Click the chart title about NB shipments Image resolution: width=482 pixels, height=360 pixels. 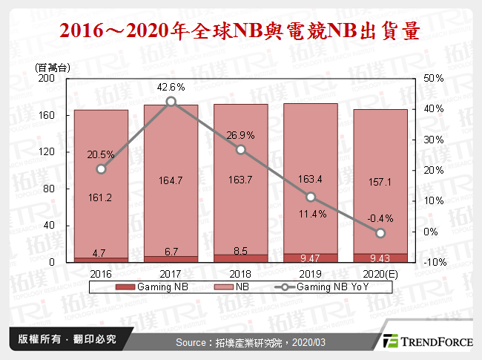pyautogui.click(x=240, y=31)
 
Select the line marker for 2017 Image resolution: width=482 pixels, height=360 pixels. pyautogui.click(x=171, y=102)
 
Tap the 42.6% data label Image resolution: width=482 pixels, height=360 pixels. pyautogui.click(x=171, y=87)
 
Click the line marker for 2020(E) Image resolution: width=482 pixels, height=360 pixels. pyautogui.click(x=380, y=233)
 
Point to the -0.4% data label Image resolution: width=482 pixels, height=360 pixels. pyautogui.click(x=380, y=218)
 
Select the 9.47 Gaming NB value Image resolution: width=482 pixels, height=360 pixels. pyautogui.click(x=311, y=258)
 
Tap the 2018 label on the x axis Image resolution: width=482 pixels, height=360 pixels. pyautogui.click(x=241, y=273)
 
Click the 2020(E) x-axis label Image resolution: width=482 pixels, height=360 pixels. pyautogui.click(x=380, y=273)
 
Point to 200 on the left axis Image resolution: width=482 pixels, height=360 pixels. pyautogui.click(x=46, y=78)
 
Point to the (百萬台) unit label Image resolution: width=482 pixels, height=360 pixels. pyautogui.click(x=53, y=67)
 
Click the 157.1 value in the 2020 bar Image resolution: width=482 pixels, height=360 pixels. pyautogui.click(x=380, y=182)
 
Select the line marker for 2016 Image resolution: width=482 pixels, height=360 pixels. pyautogui.click(x=101, y=169)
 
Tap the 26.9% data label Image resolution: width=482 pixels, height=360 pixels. pyautogui.click(x=241, y=135)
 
